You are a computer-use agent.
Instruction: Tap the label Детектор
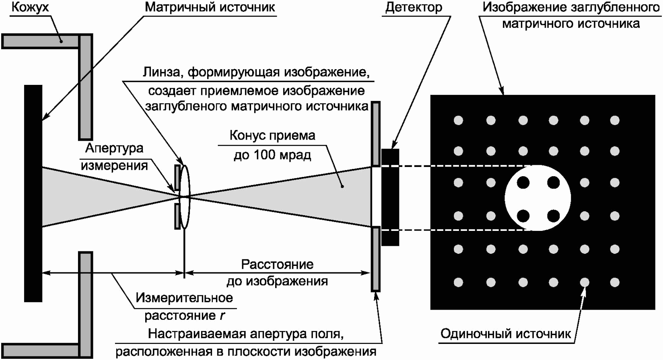[414, 8]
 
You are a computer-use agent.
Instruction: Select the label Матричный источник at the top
[210, 8]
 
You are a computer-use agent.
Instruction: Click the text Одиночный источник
[505, 334]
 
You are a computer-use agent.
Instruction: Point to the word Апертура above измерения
[114, 148]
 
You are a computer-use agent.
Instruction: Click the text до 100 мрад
[272, 155]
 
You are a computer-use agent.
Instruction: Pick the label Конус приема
[272, 136]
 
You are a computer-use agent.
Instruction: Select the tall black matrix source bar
[33, 193]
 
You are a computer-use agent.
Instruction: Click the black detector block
[390, 197]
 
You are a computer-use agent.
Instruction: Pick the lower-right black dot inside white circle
[554, 216]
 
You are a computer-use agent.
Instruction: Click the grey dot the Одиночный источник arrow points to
[585, 282]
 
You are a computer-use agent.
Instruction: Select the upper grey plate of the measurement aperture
[177, 177]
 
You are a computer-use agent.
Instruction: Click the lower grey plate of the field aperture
[375, 259]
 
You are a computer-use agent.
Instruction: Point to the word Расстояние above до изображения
[277, 265]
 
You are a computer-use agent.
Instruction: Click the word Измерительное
[184, 298]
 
